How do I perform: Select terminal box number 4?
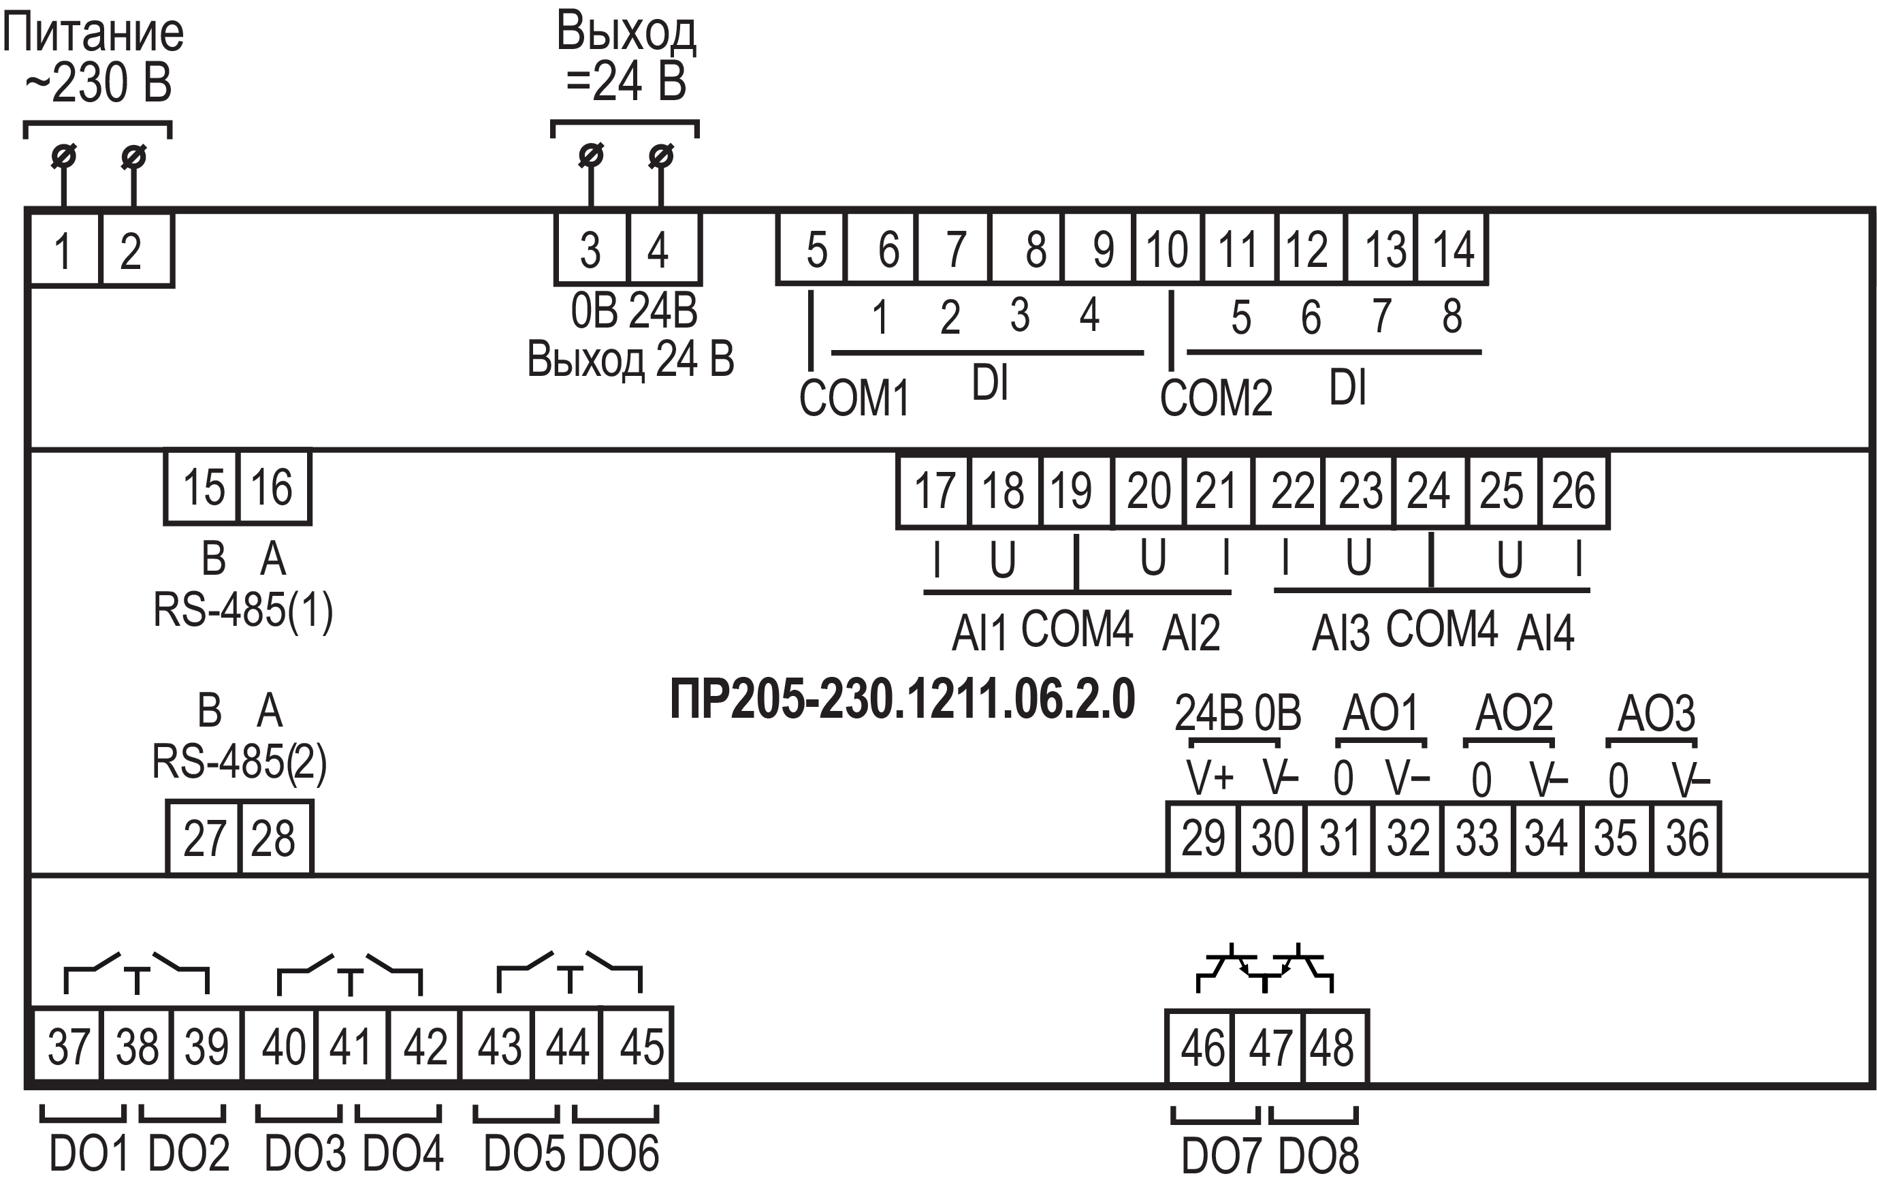(663, 249)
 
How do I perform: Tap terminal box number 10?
(1167, 249)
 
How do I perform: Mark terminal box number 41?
(351, 1046)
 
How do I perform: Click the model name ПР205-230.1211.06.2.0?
(902, 699)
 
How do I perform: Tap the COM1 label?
(854, 398)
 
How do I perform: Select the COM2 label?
(1215, 398)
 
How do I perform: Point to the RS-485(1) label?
(242, 609)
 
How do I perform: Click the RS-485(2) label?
(238, 762)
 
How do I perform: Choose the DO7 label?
(1220, 1156)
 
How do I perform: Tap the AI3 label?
(1340, 633)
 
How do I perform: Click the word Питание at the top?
(93, 33)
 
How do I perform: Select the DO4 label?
(403, 1153)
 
